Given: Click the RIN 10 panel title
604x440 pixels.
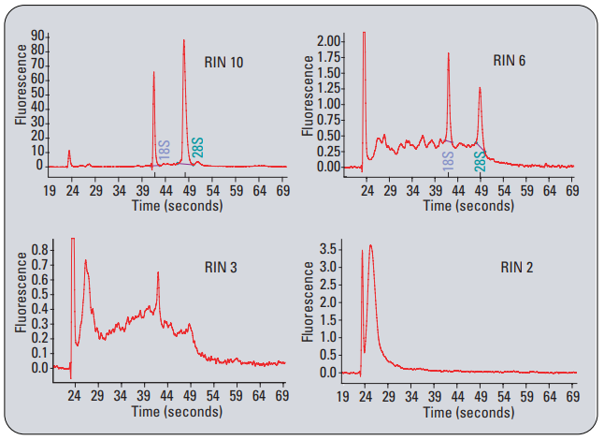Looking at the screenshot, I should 224,62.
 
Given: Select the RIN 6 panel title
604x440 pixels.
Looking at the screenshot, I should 510,61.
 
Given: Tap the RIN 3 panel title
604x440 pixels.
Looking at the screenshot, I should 221,267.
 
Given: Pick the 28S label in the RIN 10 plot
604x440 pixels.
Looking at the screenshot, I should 197,149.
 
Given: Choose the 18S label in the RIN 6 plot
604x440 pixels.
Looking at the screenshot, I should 448,159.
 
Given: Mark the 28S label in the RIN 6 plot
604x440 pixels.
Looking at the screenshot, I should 480,161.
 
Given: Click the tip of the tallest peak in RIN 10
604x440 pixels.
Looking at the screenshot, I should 184,40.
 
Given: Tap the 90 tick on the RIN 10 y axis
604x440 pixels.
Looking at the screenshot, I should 40,37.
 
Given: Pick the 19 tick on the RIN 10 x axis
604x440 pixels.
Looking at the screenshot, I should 50,190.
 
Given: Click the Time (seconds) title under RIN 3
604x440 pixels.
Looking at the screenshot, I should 178,411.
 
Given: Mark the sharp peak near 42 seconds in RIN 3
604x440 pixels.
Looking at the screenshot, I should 158,272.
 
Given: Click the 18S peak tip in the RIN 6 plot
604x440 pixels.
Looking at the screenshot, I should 449,53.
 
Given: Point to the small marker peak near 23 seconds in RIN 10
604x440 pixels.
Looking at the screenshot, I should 69,150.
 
